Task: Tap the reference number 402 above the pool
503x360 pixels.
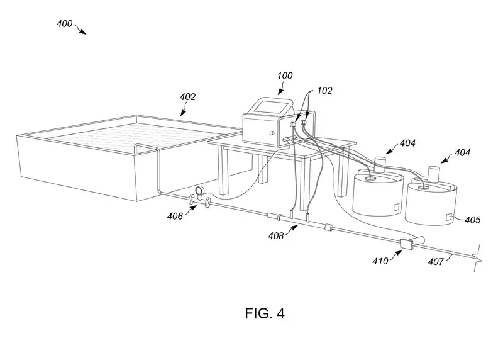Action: coord(187,97)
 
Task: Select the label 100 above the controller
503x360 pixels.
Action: coord(285,76)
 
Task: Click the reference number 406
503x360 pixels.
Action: coord(175,216)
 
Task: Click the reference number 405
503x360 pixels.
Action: coord(472,220)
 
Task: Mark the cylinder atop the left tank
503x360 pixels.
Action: coord(380,162)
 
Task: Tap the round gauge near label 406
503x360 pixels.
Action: coord(199,191)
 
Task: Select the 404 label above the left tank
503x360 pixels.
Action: coord(407,143)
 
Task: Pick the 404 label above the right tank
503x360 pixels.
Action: coord(462,153)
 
